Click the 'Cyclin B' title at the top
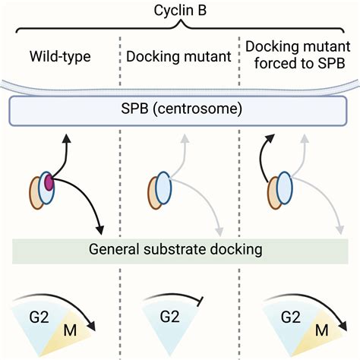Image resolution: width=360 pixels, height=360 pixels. [x=179, y=8]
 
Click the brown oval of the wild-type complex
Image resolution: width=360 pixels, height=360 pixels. [x=36, y=191]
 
